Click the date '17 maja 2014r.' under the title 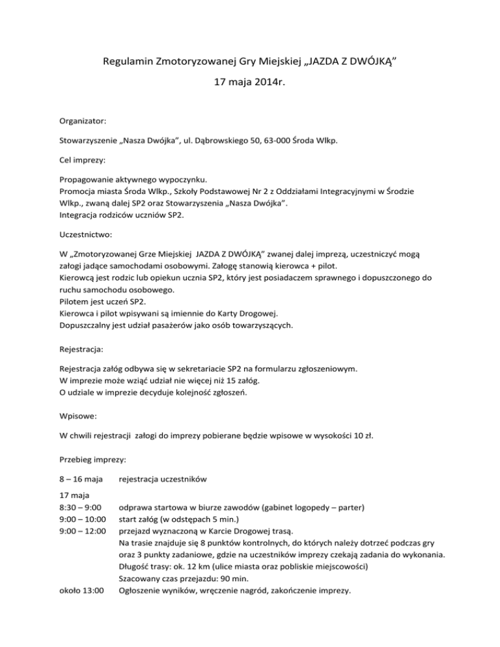point(250,84)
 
